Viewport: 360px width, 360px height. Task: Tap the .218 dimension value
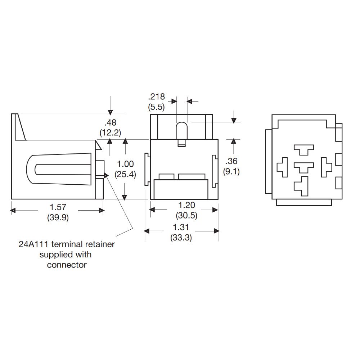point(156,96)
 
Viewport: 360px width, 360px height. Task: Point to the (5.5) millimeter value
point(156,107)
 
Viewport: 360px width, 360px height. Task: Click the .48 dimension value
point(110,122)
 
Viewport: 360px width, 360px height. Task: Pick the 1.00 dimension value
point(125,164)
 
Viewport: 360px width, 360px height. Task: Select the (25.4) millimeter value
point(125,175)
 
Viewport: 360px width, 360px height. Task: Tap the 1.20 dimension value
point(186,205)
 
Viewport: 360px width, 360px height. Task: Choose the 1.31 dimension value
point(181,227)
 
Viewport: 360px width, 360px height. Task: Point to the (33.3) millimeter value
point(181,238)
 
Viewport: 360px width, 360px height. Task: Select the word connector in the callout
point(67,265)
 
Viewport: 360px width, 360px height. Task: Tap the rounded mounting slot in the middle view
point(181,130)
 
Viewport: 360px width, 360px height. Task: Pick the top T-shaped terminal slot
point(303,149)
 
